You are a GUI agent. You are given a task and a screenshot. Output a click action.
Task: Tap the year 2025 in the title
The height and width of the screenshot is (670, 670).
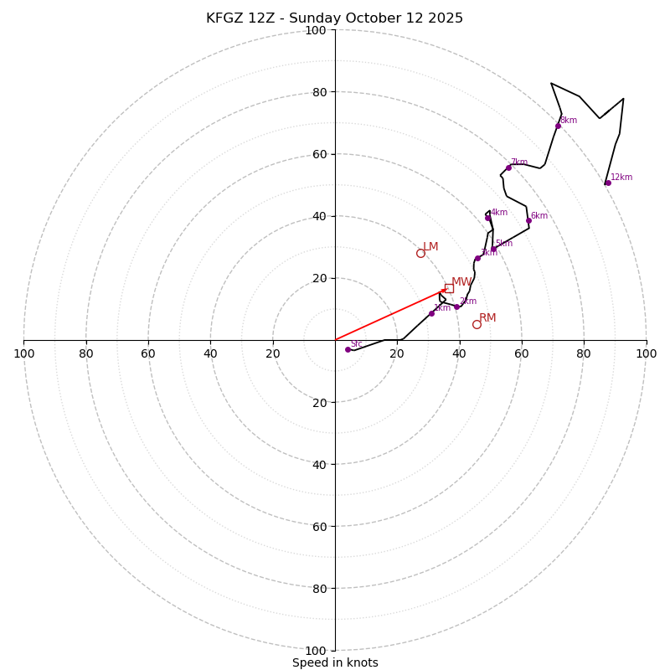(444, 18)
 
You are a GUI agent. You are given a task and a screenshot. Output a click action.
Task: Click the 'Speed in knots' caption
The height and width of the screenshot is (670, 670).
(335, 662)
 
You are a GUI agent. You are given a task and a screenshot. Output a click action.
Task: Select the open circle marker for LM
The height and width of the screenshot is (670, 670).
(420, 253)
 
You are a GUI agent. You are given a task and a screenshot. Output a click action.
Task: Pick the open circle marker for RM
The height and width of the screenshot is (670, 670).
(477, 324)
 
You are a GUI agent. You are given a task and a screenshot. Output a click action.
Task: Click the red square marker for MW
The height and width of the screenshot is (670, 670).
(449, 288)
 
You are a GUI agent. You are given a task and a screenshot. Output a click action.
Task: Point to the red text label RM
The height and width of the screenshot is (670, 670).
(487, 318)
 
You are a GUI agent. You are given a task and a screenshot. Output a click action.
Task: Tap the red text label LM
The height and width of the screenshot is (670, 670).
(430, 247)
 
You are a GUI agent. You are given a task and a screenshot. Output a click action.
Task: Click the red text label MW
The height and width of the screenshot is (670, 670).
(461, 282)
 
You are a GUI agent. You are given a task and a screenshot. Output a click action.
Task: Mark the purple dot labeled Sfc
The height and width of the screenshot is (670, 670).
(348, 349)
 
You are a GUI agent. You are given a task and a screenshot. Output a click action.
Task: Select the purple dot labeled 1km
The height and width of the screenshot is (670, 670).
(431, 313)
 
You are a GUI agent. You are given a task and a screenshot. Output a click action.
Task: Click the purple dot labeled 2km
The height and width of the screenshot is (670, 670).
(456, 307)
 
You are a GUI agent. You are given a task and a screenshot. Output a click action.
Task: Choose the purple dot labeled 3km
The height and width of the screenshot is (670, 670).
(477, 258)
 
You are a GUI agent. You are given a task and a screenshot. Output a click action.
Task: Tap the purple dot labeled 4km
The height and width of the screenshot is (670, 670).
(487, 218)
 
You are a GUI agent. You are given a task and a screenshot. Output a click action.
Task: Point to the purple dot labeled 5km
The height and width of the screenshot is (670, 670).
(493, 249)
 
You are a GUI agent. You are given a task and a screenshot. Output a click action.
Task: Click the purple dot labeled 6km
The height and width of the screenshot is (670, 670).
(528, 220)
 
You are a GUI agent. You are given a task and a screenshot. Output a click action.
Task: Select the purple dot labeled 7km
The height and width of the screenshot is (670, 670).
(508, 167)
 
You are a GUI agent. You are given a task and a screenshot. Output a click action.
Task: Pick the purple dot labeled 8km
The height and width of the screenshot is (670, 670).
(558, 126)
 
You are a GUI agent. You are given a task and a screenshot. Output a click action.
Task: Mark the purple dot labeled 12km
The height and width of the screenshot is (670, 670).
(608, 183)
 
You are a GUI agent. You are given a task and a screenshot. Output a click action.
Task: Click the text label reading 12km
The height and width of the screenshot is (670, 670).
(621, 178)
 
